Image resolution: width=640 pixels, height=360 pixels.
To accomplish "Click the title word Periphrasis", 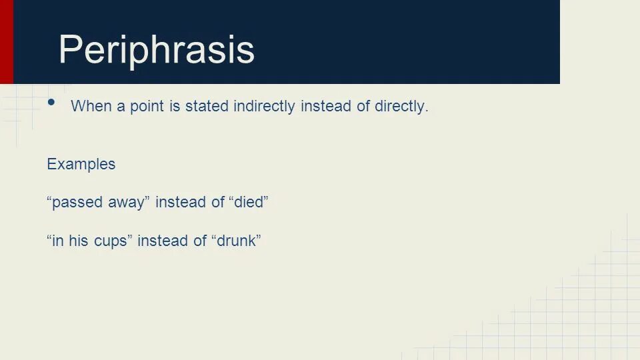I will pyautogui.click(x=157, y=50).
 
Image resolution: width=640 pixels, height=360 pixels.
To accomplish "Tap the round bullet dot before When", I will pyautogui.click(x=52, y=102).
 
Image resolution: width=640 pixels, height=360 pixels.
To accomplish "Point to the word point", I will pyautogui.click(x=147, y=107).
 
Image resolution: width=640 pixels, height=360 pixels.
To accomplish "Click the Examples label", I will pyautogui.click(x=81, y=165).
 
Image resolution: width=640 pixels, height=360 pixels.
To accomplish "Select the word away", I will pyautogui.click(x=127, y=203).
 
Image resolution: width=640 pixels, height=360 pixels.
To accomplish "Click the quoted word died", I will pyautogui.click(x=249, y=203).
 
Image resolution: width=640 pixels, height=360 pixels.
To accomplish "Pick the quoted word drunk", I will pyautogui.click(x=237, y=241).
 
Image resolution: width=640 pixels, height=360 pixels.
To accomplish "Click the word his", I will pyautogui.click(x=79, y=241).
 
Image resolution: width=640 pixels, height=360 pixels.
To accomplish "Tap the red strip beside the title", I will pyautogui.click(x=6, y=41).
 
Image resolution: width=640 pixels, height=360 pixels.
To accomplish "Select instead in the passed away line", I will pyautogui.click(x=181, y=203).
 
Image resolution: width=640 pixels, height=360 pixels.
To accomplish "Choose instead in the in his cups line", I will pyautogui.click(x=163, y=241).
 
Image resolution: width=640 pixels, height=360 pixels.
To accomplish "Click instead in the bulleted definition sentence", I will pyautogui.click(x=326, y=107).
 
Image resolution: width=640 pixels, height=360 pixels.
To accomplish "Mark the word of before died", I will pyautogui.click(x=218, y=203).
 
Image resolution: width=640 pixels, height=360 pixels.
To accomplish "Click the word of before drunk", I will pyautogui.click(x=200, y=241).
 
